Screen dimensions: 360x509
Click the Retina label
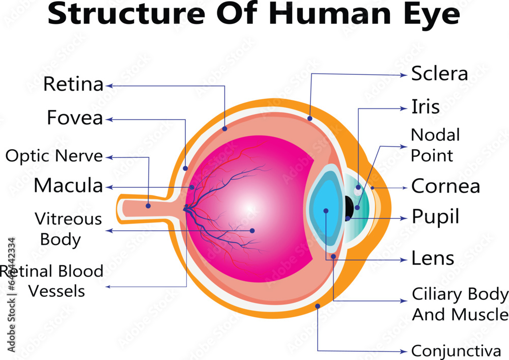(x=73, y=84)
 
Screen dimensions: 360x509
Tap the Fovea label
(x=75, y=118)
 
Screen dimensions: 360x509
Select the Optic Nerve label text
(x=54, y=156)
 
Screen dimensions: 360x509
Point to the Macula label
(x=68, y=186)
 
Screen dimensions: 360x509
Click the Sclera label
(x=439, y=73)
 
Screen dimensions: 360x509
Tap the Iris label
(x=425, y=107)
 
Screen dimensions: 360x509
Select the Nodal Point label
(x=435, y=145)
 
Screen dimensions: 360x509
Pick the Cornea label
(x=445, y=186)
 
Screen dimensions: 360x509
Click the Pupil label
(x=435, y=217)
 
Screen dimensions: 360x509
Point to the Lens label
(x=433, y=258)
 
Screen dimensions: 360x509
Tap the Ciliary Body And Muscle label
(x=460, y=304)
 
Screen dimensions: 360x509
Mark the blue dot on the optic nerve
(x=148, y=206)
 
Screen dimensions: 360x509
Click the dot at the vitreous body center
(x=252, y=231)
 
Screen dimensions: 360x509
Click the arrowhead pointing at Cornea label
(x=405, y=187)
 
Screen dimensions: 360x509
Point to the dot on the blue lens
(x=325, y=210)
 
